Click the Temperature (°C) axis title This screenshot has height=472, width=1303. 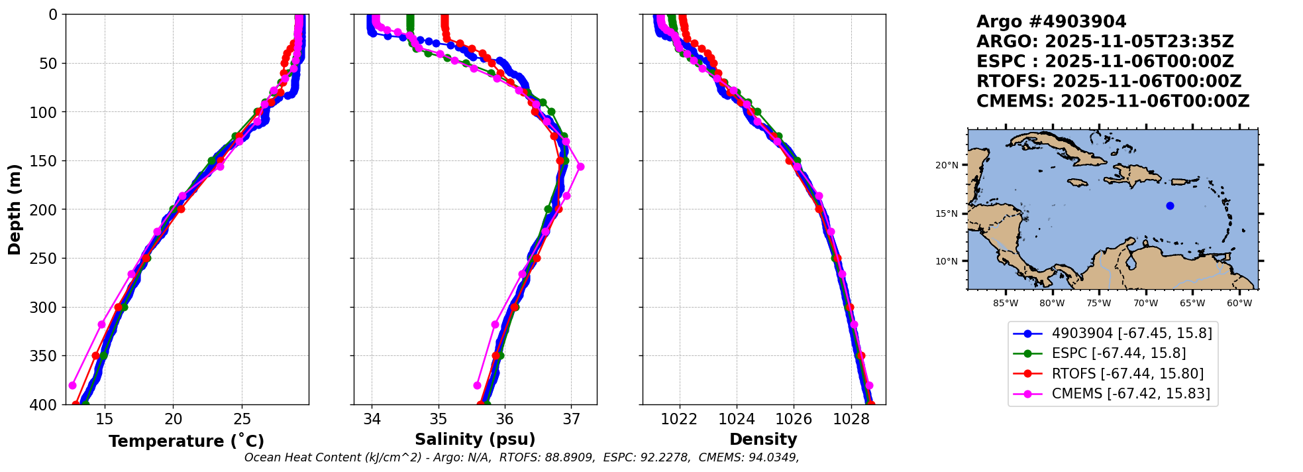tap(186, 441)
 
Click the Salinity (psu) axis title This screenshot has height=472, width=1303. tap(475, 440)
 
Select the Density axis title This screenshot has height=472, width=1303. tap(763, 440)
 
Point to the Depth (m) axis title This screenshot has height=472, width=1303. tap(14, 209)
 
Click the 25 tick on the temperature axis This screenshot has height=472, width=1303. tap(242, 419)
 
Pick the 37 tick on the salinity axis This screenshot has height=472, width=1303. tap(572, 419)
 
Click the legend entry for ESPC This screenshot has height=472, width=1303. tap(1119, 353)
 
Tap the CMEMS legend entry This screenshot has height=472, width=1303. tap(1131, 394)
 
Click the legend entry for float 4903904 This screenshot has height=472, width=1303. tap(1131, 333)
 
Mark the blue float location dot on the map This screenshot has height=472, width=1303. tap(1170, 206)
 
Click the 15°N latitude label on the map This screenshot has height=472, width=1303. tap(947, 213)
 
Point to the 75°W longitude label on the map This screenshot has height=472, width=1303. tap(1098, 304)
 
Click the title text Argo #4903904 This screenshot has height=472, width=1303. tap(1051, 22)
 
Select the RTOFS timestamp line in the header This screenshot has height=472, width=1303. tap(1109, 82)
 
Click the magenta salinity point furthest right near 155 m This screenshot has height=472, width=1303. tap(580, 166)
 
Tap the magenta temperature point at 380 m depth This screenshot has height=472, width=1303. tap(72, 385)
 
